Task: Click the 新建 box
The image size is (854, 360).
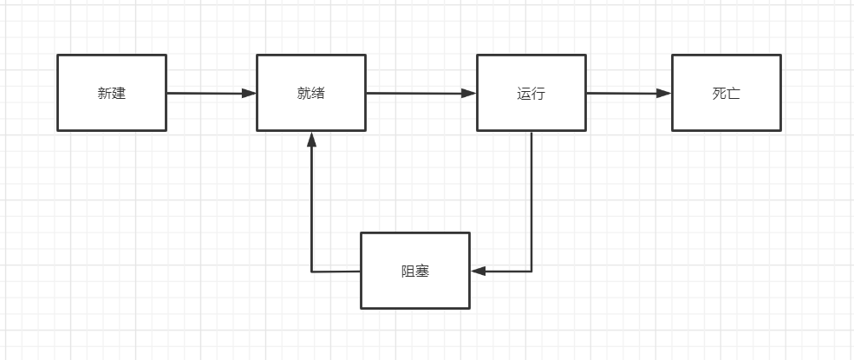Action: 111,93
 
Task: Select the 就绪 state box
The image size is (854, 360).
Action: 310,93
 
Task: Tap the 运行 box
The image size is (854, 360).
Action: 531,93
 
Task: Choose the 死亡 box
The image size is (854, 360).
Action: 726,93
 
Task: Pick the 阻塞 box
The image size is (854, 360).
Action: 414,271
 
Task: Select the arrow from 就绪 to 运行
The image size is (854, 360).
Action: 420,93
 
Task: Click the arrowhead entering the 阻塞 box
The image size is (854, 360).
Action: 478,272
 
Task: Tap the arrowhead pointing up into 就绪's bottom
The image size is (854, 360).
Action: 311,138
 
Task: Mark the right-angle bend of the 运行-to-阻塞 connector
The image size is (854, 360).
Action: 531,272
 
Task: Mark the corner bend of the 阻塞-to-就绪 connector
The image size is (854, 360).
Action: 311,272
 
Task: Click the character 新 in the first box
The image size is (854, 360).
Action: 104,94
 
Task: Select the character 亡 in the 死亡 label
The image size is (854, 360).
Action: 733,94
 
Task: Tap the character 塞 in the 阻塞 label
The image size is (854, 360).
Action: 422,272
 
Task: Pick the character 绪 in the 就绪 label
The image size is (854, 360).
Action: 318,94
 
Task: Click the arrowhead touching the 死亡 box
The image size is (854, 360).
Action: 665,93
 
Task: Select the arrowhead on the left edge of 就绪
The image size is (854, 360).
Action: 250,93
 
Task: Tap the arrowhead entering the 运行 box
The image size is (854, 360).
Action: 470,93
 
